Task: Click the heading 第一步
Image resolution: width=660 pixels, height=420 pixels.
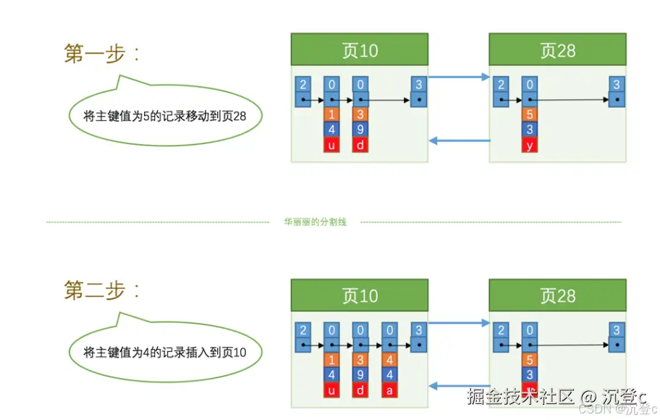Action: (x=101, y=53)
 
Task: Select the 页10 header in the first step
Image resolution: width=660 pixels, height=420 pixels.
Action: (x=359, y=51)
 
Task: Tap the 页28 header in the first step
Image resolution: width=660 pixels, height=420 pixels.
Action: (x=557, y=51)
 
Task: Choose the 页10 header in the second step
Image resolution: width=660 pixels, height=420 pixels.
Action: (x=359, y=295)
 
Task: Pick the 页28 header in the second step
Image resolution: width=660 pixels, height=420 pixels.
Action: (x=557, y=295)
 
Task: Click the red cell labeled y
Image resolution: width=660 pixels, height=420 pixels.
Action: (x=530, y=145)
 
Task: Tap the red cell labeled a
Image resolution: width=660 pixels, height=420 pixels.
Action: (x=390, y=390)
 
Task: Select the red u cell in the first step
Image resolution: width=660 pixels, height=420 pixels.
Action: (x=331, y=145)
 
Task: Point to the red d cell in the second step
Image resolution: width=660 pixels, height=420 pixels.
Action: (x=360, y=390)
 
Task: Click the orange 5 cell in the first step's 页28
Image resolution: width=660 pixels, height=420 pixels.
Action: (x=530, y=114)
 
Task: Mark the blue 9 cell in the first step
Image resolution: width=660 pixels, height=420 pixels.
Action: (x=360, y=130)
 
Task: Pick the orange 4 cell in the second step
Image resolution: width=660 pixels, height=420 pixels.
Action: (x=390, y=360)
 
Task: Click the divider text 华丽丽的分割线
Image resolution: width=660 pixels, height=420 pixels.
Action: (x=315, y=222)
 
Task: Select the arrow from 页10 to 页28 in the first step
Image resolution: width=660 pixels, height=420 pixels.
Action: (x=459, y=76)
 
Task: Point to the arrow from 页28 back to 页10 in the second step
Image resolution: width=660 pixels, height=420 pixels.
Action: (x=459, y=386)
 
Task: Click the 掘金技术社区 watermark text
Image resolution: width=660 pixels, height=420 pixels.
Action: (x=521, y=396)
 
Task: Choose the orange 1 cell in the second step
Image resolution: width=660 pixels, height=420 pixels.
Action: (x=331, y=360)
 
